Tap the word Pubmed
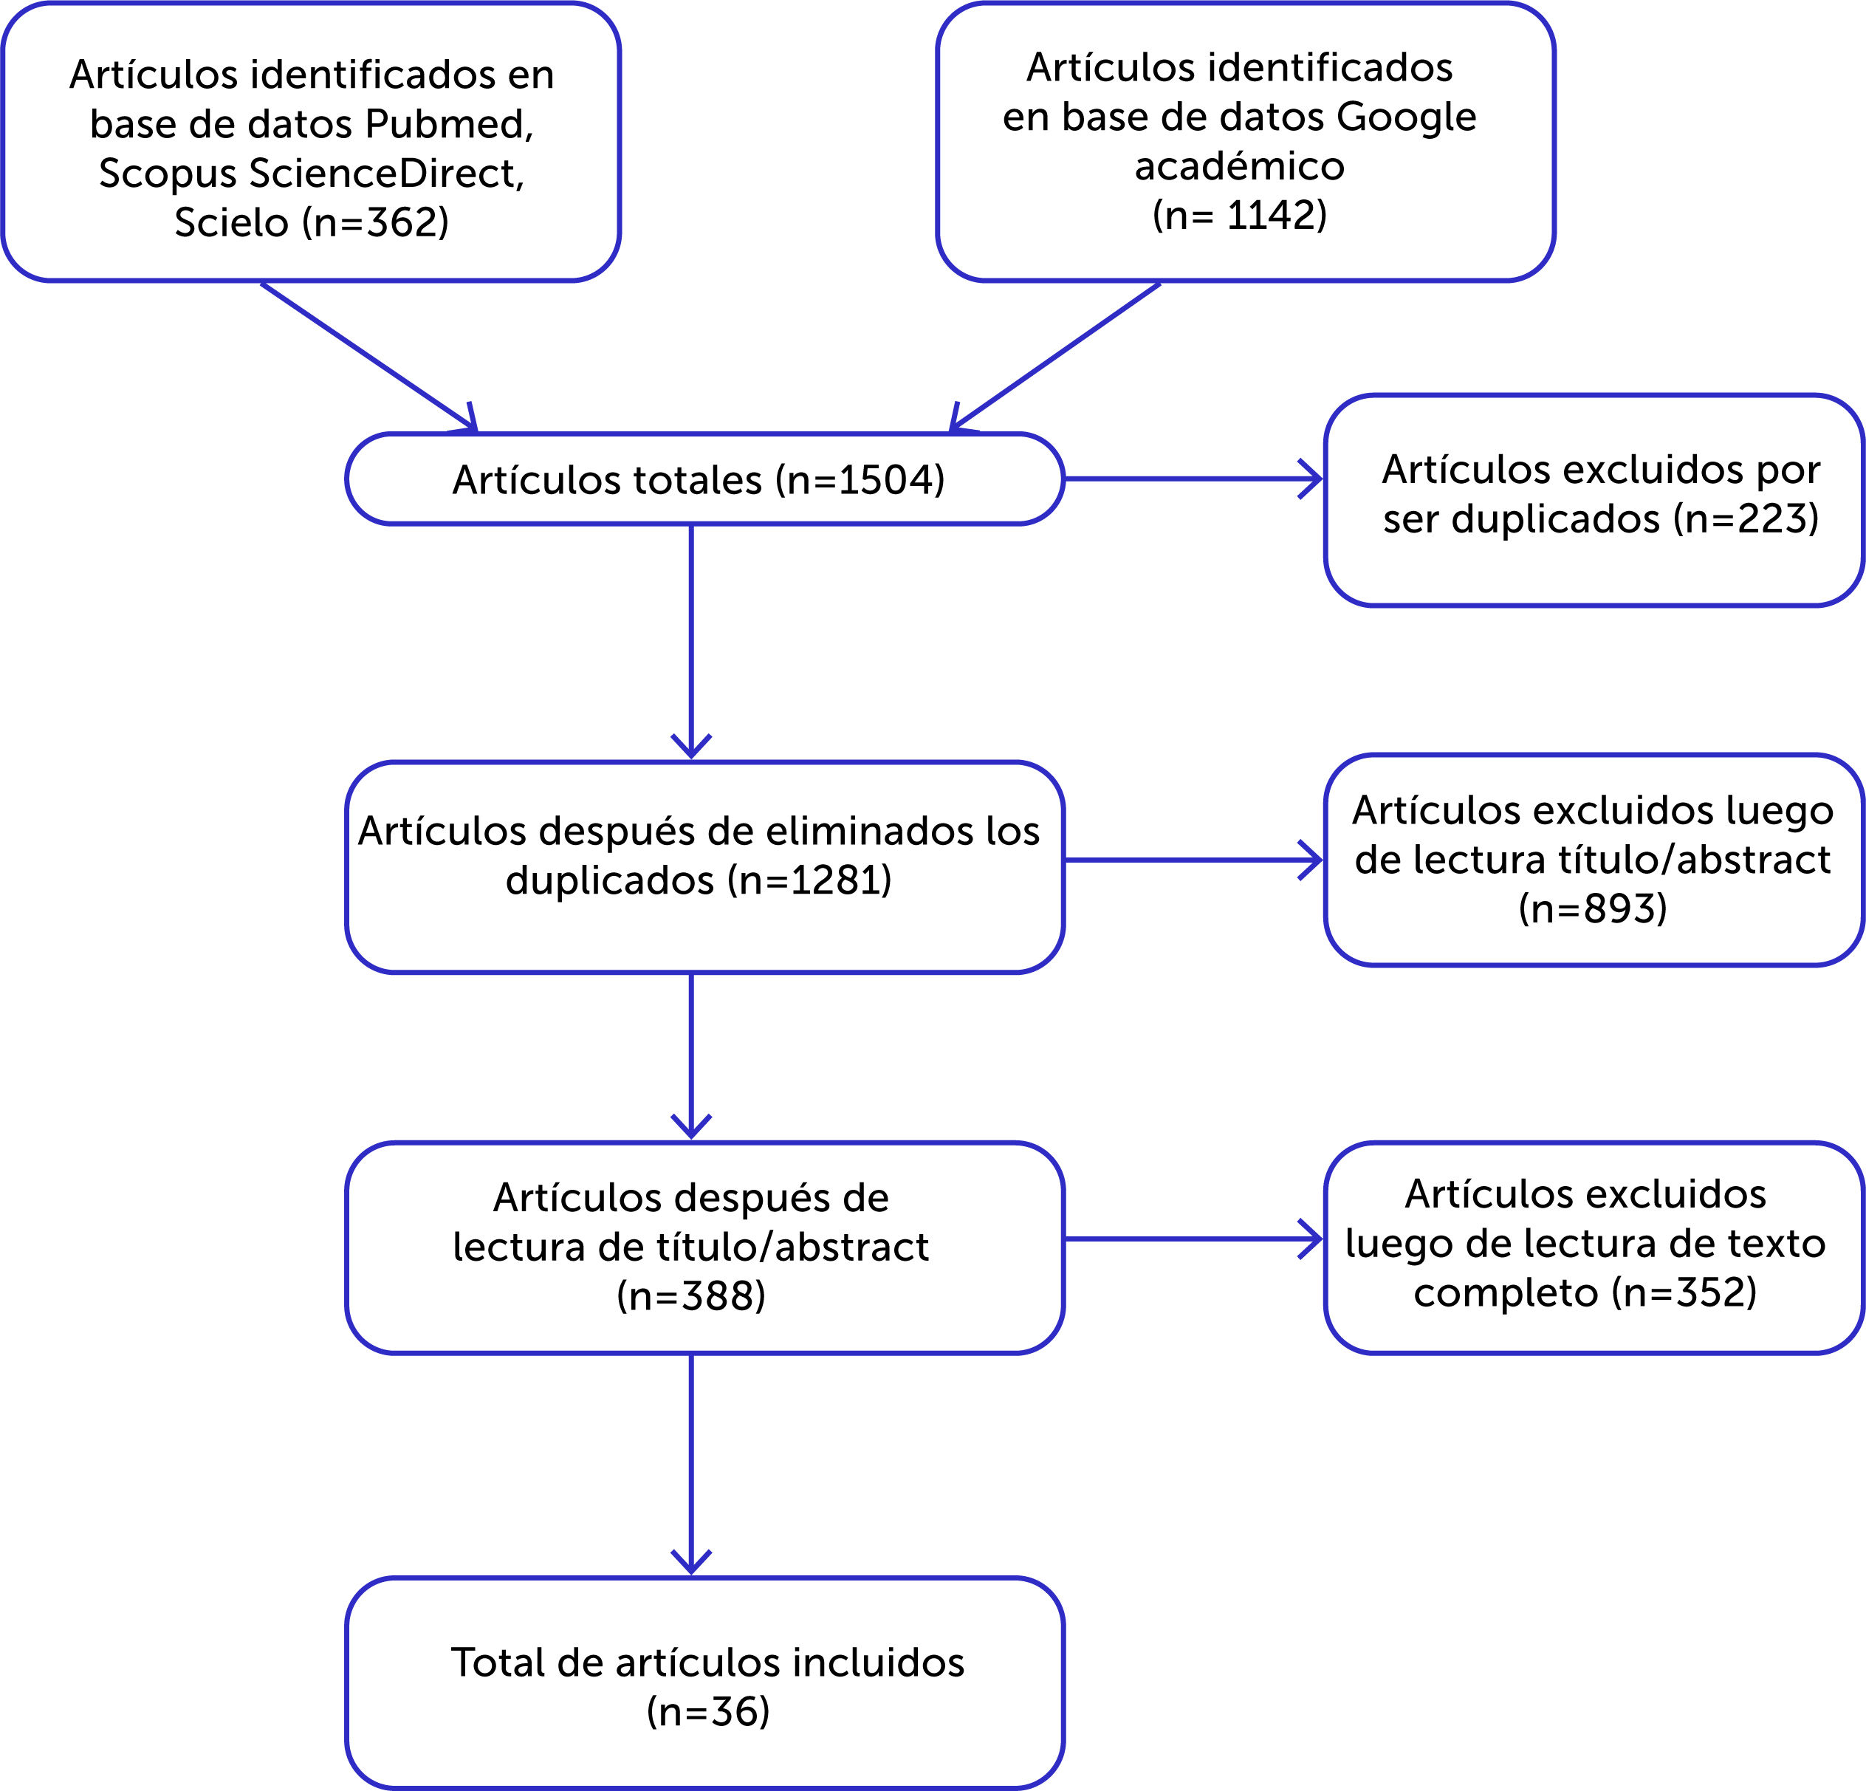(x=447, y=124)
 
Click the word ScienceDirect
(x=385, y=174)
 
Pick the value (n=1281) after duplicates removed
(x=809, y=880)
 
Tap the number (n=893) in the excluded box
(x=1593, y=908)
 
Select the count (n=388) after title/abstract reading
(x=691, y=1296)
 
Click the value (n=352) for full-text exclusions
(x=1684, y=1292)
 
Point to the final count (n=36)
(x=707, y=1712)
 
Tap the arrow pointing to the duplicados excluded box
(x=1192, y=479)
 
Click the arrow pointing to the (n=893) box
(x=1192, y=860)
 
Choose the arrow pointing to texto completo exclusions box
(x=1192, y=1239)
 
